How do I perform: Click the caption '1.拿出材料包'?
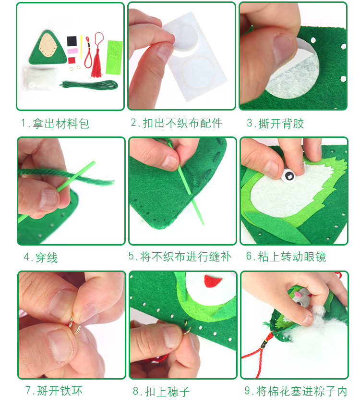pyautogui.click(x=55, y=123)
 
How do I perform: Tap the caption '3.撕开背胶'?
pyautogui.click(x=276, y=123)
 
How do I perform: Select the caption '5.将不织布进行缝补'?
pyautogui.click(x=180, y=257)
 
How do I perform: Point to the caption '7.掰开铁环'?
pyautogui.click(x=54, y=391)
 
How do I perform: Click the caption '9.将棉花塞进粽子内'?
pyautogui.click(x=296, y=391)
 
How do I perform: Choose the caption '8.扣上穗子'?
pyautogui.click(x=161, y=392)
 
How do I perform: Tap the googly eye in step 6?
pyautogui.click(x=289, y=176)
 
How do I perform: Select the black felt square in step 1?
pyautogui.click(x=72, y=41)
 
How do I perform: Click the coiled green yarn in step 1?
pyautogui.click(x=89, y=85)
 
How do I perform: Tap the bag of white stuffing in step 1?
pyautogui.click(x=40, y=79)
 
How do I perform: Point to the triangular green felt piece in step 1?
pyautogui.click(x=48, y=49)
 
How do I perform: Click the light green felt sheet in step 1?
pyautogui.click(x=114, y=57)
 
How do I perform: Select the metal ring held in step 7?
pyautogui.click(x=74, y=325)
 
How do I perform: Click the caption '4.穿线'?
pyautogui.click(x=41, y=258)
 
